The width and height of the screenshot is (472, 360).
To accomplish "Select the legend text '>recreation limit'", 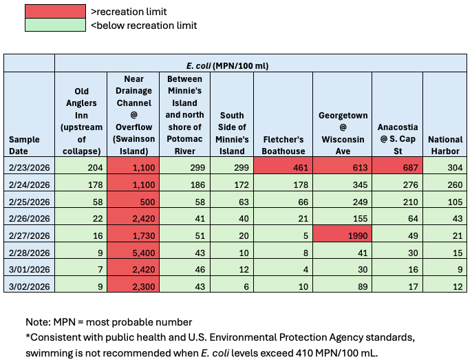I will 129,12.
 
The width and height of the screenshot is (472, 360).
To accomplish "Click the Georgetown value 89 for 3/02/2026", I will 343,286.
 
